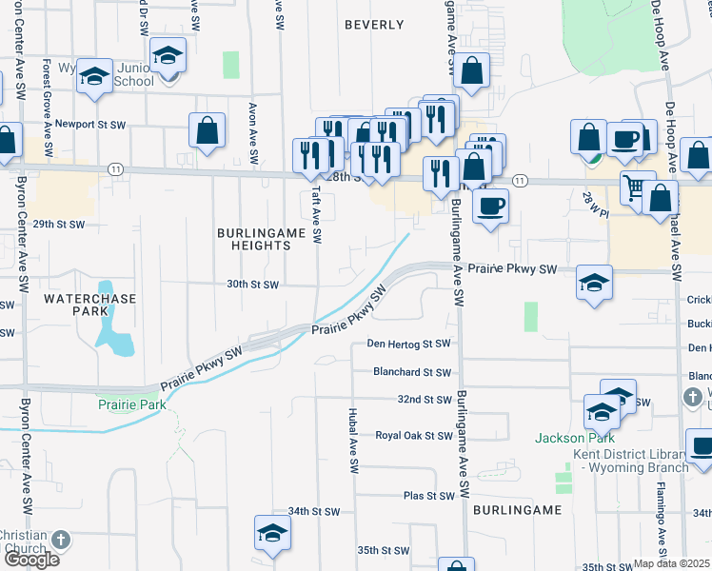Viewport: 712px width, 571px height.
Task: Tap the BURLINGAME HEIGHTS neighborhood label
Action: [253, 239]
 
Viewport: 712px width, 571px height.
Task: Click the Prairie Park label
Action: [131, 404]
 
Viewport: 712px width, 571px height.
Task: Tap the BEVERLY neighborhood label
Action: [368, 24]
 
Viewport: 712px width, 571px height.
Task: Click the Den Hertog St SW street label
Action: [408, 343]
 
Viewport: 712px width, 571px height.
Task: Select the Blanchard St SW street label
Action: [410, 371]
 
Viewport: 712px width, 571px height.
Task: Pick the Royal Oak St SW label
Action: [412, 435]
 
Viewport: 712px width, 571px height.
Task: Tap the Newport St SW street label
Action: [89, 124]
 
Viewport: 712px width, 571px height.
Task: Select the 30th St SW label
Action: [252, 285]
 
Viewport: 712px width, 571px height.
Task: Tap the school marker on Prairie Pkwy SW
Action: [594, 283]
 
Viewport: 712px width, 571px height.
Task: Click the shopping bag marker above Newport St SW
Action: [207, 130]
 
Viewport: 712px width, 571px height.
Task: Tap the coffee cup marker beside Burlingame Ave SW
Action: [490, 206]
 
